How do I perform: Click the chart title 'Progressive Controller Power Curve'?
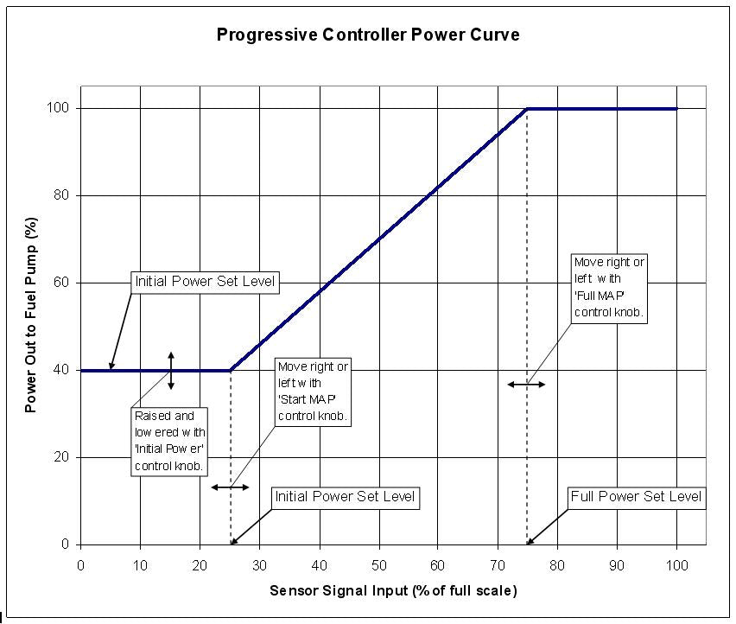tap(367, 35)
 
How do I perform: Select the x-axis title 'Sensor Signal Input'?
tap(393, 591)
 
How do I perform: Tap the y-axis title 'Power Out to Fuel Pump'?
tap(31, 315)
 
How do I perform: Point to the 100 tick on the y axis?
tap(63, 108)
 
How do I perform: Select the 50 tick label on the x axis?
tap(378, 565)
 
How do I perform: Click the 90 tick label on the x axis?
tap(617, 565)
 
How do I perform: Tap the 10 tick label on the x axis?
tap(140, 565)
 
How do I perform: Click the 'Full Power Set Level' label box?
tap(636, 498)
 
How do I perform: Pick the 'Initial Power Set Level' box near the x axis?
tap(345, 497)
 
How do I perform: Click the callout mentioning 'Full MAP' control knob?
tap(609, 289)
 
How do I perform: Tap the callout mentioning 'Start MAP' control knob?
tap(313, 392)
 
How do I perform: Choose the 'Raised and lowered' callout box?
tap(169, 441)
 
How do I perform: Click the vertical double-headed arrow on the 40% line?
tap(171, 370)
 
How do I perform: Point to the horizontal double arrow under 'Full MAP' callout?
tap(526, 385)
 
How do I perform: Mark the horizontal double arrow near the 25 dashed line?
tap(230, 487)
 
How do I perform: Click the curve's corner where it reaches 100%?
tap(527, 109)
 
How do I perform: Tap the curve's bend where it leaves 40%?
tap(231, 370)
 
